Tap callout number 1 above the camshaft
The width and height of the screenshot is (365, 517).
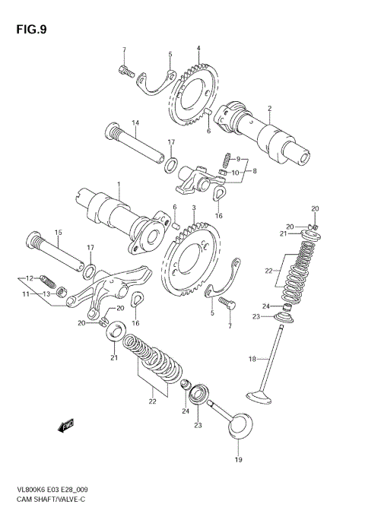coord(119,184)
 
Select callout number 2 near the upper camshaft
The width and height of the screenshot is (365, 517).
coord(269,109)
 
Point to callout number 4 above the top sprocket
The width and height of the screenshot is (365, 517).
coord(198,49)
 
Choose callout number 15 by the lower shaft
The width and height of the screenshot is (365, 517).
coord(57,232)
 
